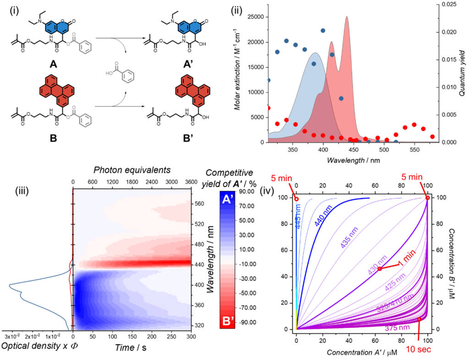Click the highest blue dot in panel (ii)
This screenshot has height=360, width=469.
coord(323,30)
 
